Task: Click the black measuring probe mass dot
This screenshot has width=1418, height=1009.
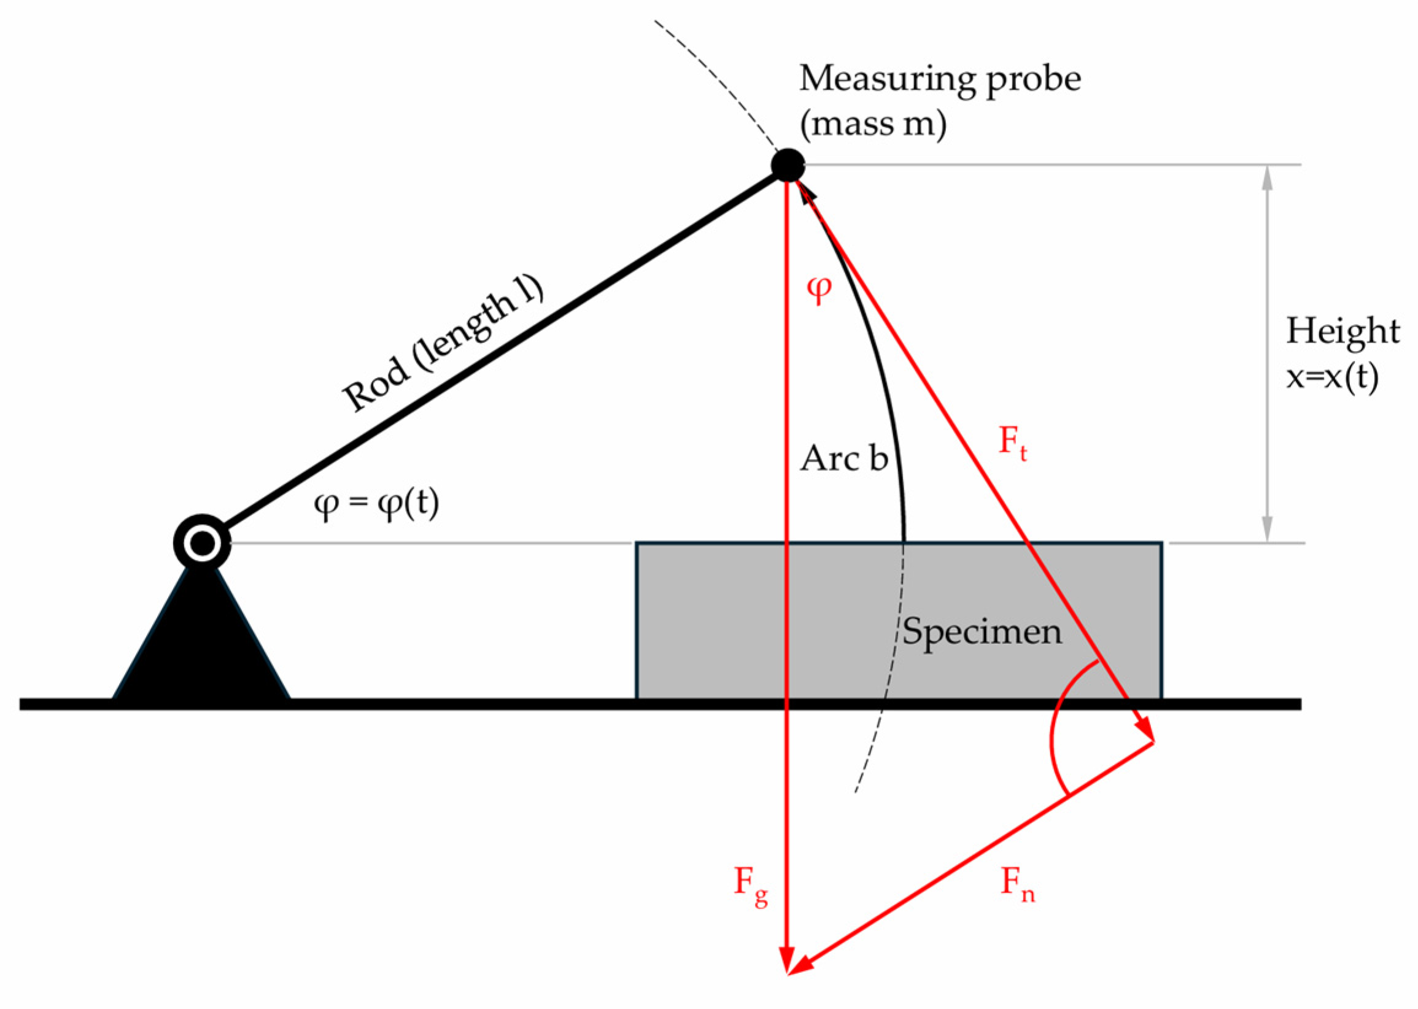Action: tap(788, 165)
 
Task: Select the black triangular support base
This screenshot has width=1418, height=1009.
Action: tap(201, 646)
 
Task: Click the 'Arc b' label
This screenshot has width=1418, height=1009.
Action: tap(843, 460)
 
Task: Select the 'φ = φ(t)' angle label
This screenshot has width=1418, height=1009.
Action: tap(376, 505)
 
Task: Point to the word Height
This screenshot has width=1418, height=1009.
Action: tap(1342, 331)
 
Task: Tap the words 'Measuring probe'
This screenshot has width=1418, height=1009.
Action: tap(940, 80)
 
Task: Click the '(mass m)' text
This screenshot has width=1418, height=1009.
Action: tap(873, 124)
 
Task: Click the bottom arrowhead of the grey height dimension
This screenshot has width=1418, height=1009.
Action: tap(1268, 532)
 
